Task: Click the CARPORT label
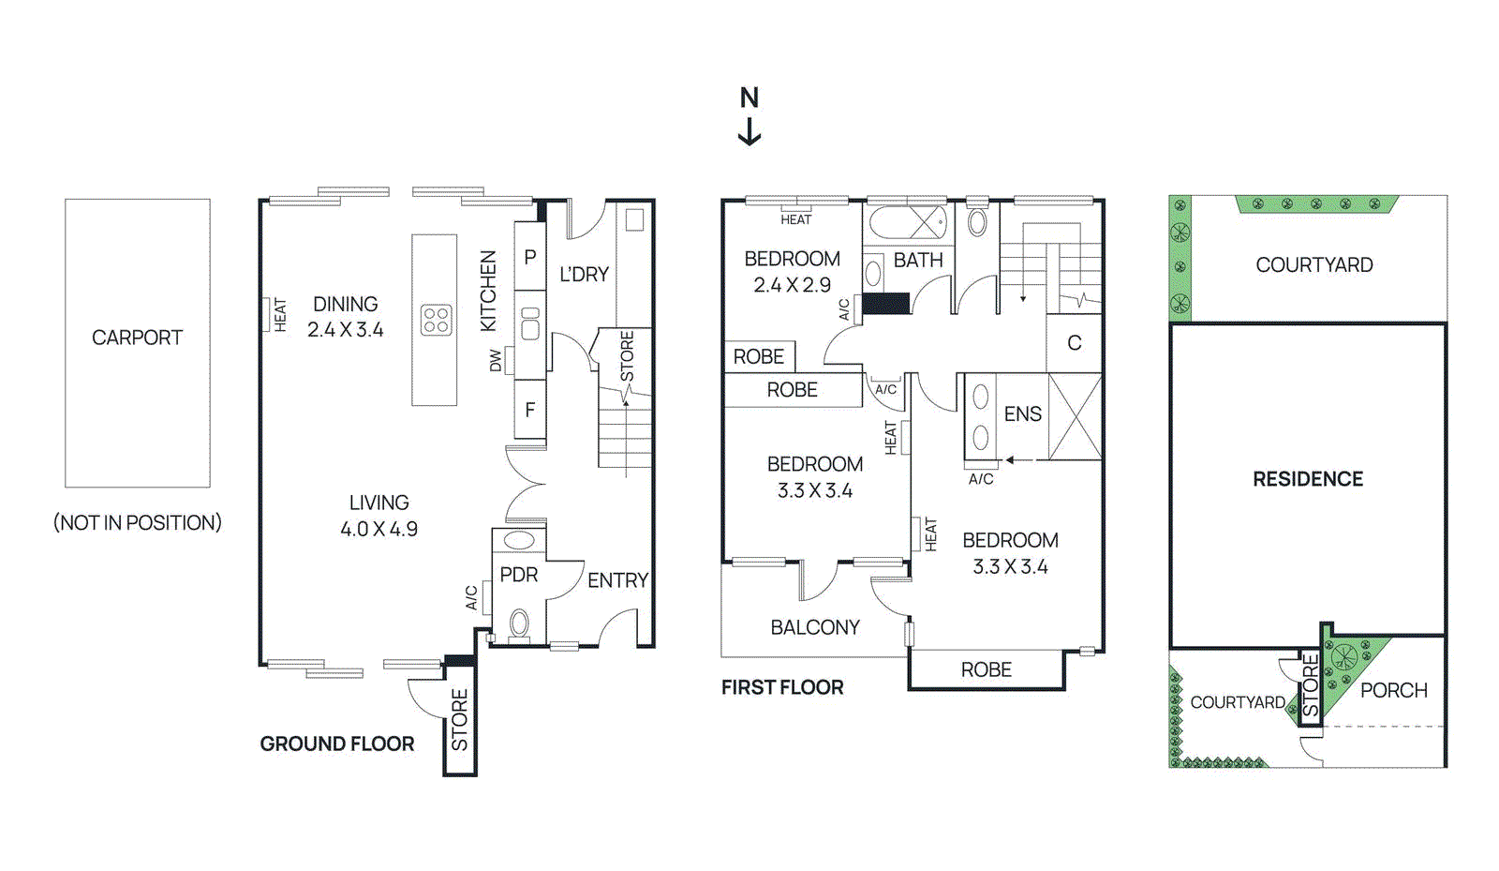[137, 338]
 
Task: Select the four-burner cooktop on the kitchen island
[436, 320]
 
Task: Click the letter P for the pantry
[530, 257]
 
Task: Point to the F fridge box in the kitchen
[530, 410]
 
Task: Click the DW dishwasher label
[496, 361]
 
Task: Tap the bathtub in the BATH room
[906, 223]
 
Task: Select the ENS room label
[1022, 414]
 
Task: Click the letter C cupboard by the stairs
[1075, 343]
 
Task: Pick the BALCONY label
[815, 627]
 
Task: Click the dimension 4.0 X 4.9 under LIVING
[378, 530]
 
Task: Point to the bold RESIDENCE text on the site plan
[1308, 479]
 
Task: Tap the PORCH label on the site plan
[1393, 691]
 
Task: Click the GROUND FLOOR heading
[336, 744]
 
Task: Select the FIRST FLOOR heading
[782, 688]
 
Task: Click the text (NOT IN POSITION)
[138, 523]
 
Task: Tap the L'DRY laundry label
[584, 275]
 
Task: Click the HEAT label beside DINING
[280, 315]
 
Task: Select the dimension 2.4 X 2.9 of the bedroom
[792, 285]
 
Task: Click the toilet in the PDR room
[518, 623]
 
